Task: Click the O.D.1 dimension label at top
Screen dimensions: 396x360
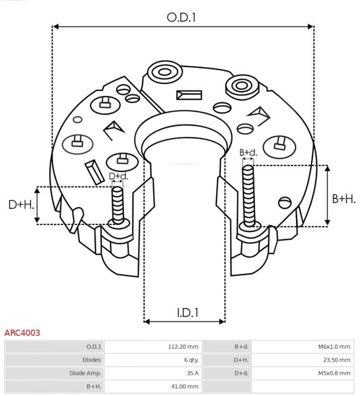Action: pos(181,17)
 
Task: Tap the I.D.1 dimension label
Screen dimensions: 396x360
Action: pos(187,313)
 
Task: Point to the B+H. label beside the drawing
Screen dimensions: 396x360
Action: pos(343,199)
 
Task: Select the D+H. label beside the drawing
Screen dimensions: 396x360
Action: pos(21,205)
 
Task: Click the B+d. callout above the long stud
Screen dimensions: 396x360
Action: pos(248,152)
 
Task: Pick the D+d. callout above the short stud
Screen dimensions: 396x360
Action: pos(119,176)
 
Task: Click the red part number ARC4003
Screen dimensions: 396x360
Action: pos(22,333)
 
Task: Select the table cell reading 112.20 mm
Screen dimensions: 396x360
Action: pos(183,347)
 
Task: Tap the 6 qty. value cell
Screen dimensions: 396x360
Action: pos(191,360)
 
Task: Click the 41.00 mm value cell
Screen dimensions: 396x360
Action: pos(184,387)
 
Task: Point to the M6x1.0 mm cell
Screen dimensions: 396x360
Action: pos(334,347)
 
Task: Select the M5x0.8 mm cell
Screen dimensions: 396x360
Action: pos(334,373)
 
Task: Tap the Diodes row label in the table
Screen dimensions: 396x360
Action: pos(91,360)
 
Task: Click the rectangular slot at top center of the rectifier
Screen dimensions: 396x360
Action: pos(189,95)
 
